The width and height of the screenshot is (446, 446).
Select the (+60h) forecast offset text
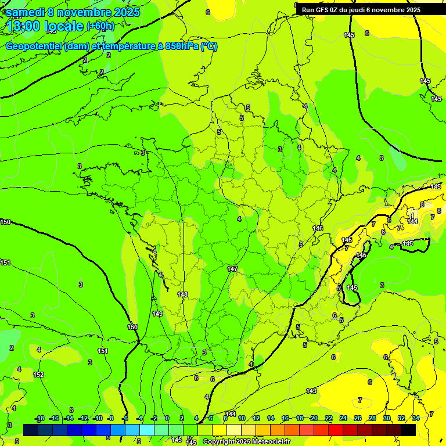tap(100, 26)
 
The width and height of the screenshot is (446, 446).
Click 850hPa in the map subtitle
tap(182, 46)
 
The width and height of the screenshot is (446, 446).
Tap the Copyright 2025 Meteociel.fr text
tap(246, 442)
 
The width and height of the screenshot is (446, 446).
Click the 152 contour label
tap(38, 375)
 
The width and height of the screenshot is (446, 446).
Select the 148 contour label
tap(182, 295)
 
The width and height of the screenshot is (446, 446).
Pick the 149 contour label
tap(157, 314)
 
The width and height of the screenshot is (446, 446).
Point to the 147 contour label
tap(232, 269)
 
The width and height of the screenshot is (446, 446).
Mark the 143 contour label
tap(312, 391)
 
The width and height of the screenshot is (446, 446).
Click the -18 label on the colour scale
tap(39, 418)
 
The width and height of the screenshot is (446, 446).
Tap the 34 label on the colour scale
tap(416, 418)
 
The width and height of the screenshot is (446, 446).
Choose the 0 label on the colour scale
tap(167, 418)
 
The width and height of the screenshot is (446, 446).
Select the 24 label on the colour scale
tap(343, 418)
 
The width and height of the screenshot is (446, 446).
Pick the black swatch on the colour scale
tap(408, 430)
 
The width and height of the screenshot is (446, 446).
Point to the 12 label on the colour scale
tap(256, 418)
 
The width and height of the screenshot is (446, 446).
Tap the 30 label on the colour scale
tap(387, 418)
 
